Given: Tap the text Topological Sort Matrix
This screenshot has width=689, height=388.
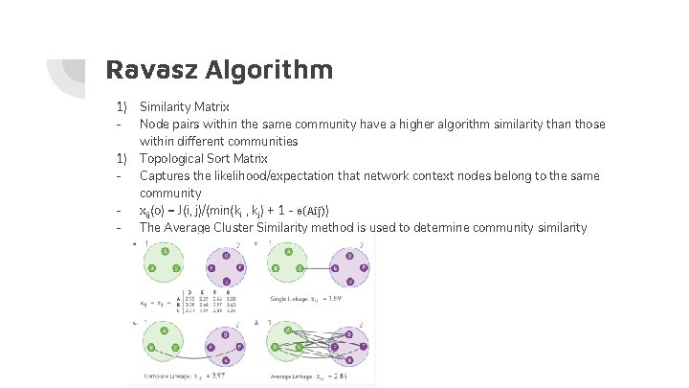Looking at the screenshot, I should (x=203, y=158).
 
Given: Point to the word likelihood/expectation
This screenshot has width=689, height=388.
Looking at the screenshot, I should (x=266, y=175).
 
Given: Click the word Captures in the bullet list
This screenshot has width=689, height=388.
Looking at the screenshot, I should (x=165, y=175).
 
